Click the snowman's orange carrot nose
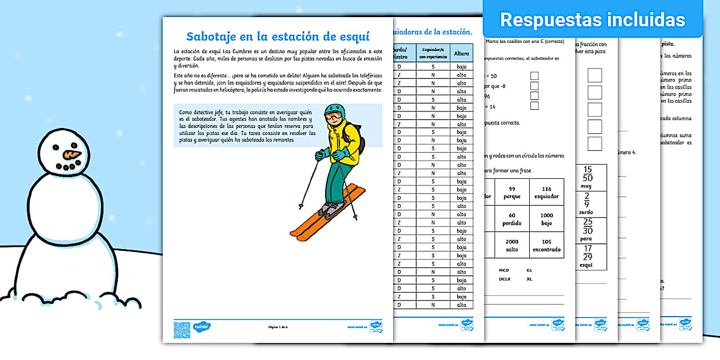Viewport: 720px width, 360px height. coord(72,154)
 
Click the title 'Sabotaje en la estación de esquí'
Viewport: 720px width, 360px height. coord(278,36)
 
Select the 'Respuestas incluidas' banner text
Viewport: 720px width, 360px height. coord(593,20)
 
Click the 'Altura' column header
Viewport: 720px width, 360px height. coord(461,54)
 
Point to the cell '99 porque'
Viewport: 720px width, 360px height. coord(512,192)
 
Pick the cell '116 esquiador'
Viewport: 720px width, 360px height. coord(546,192)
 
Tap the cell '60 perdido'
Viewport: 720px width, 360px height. coord(512,219)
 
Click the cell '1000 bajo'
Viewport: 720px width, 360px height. coord(546,219)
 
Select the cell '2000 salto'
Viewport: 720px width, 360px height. coord(512,245)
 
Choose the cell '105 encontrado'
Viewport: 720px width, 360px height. coord(546,245)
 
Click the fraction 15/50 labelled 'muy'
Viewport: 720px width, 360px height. coord(587,177)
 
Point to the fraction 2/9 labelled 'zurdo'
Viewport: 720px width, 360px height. coord(587,203)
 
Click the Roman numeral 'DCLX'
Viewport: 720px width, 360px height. coord(504,279)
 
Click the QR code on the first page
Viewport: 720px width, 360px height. coord(182,330)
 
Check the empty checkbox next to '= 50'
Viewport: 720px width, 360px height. coord(534,75)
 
